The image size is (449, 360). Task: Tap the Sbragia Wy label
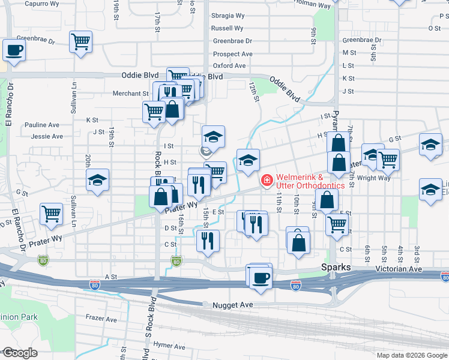coord(228,16)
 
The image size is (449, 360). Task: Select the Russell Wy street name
coord(227,28)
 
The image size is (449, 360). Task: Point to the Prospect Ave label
coord(232,54)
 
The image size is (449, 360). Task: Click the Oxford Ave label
coord(229,65)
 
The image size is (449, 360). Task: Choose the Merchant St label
coord(130,94)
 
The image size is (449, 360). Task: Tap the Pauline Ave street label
coord(41,125)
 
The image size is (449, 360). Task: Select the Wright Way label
coord(373,178)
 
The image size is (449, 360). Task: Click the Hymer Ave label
coord(168,346)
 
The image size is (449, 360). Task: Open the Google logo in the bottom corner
coord(19,353)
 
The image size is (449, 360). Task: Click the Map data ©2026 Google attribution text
coord(411,355)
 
